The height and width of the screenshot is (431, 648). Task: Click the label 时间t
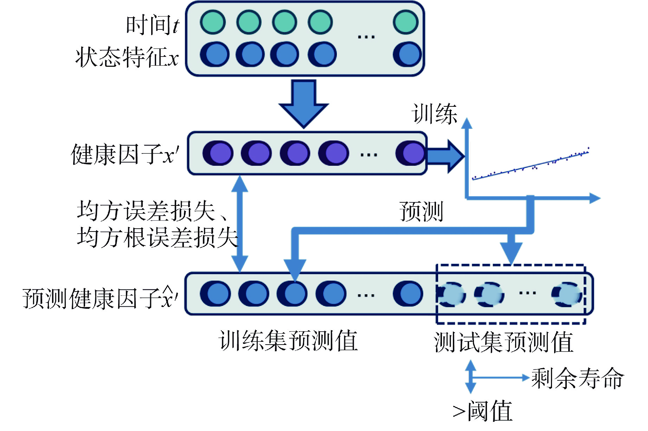(x=153, y=25)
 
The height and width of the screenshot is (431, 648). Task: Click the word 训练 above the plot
(x=435, y=114)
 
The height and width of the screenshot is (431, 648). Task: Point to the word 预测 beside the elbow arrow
(x=421, y=211)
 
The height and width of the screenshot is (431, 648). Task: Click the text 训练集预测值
(x=288, y=341)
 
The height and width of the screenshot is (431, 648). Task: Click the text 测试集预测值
(x=504, y=342)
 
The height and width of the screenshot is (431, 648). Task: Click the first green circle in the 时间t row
(x=213, y=22)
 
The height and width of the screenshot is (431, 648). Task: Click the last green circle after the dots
(x=406, y=22)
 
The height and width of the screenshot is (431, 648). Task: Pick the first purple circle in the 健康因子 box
(x=218, y=153)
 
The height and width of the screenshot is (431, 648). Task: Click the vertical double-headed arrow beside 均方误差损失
(x=240, y=224)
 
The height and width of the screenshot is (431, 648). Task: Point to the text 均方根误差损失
(x=157, y=237)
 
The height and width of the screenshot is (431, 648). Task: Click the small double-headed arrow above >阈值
(x=470, y=376)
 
